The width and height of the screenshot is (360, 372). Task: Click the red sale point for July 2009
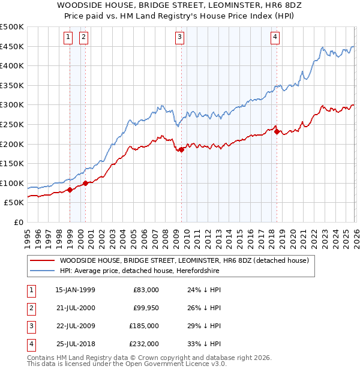pyautogui.click(x=181, y=150)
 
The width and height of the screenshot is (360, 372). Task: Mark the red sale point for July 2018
pyautogui.click(x=276, y=132)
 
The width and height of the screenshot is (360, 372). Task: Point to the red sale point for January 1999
pyautogui.click(x=70, y=190)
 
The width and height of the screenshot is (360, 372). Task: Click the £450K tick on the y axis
pyautogui.click(x=12, y=47)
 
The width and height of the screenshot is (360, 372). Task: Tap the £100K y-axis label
pyautogui.click(x=12, y=183)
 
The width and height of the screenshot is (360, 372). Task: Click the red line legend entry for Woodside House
pyautogui.click(x=184, y=260)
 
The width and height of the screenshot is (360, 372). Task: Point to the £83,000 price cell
pyautogui.click(x=146, y=290)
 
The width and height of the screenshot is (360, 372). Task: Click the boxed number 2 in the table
pyautogui.click(x=30, y=308)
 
